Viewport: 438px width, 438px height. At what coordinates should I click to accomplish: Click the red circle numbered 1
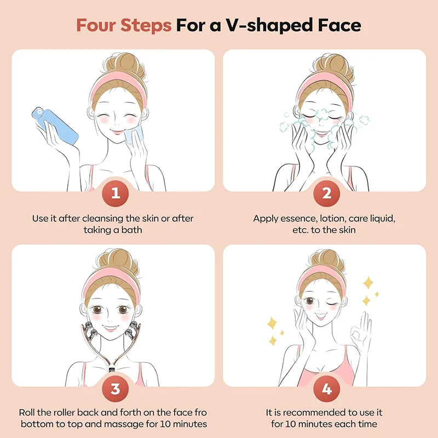115,193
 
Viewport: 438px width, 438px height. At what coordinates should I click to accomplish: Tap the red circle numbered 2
326,193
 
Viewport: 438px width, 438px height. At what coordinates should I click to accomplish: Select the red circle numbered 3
115,389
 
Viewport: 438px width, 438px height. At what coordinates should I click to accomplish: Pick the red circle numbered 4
326,389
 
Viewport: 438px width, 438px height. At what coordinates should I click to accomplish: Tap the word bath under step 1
131,230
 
